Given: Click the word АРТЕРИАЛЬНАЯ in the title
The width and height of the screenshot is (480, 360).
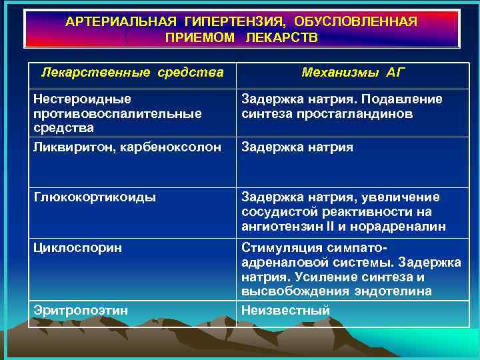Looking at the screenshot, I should click(117, 21).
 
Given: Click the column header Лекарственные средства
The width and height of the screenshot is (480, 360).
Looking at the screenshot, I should click(132, 71).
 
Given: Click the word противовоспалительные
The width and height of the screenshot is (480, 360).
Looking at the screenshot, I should click(117, 113).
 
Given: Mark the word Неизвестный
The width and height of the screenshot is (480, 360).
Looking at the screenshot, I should click(285, 310).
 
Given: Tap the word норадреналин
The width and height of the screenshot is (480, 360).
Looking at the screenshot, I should click(407, 227).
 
